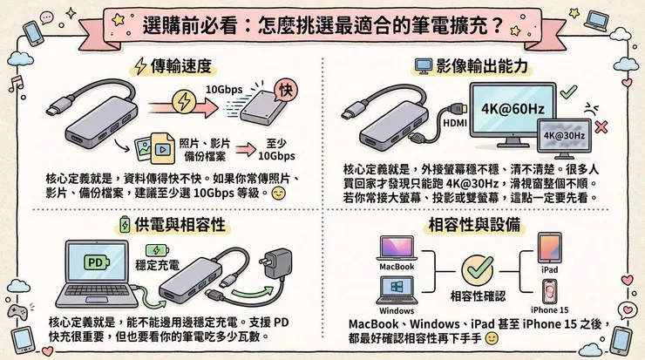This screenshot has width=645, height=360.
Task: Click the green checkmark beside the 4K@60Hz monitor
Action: click(x=567, y=91)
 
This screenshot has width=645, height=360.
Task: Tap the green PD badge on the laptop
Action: click(x=93, y=261)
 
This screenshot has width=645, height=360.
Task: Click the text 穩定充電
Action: click(x=158, y=263)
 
